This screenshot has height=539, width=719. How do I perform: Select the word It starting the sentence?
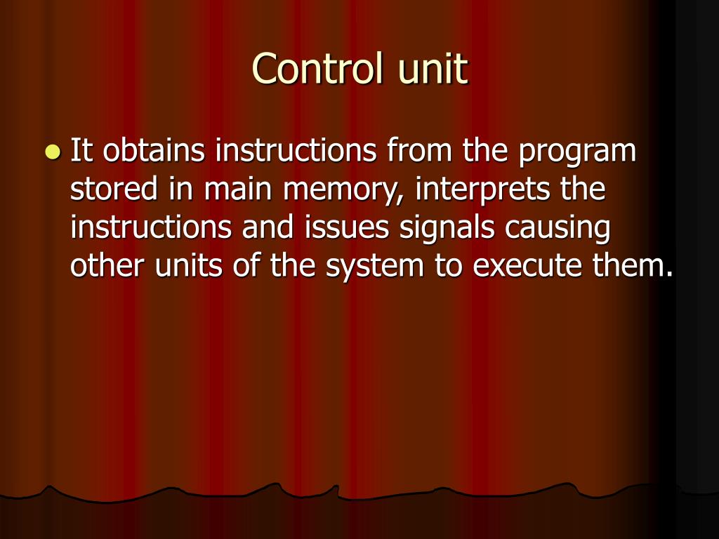pos(81,151)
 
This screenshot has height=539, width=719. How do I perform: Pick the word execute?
pos(523,267)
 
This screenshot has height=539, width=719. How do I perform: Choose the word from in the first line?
pos(414,151)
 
